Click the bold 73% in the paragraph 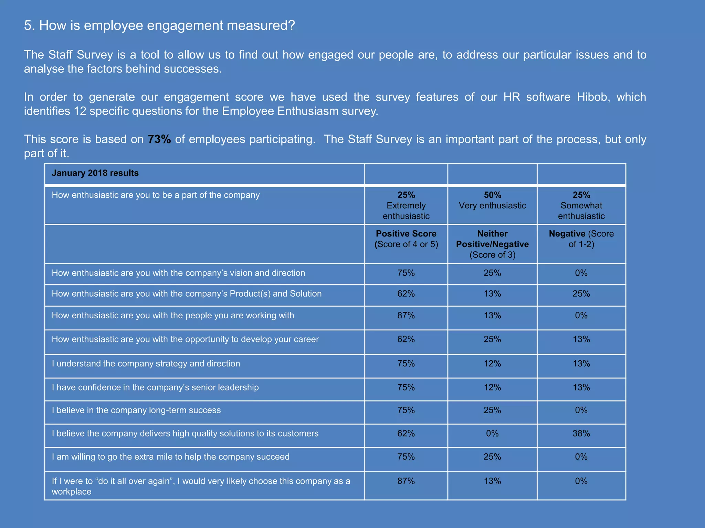[x=159, y=139]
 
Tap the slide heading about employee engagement [x=159, y=25]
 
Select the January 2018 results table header [x=95, y=173]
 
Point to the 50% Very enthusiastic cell [x=492, y=200]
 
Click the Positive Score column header [x=406, y=239]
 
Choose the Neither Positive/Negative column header [x=492, y=244]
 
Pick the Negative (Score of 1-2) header [x=581, y=239]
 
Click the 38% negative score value [x=581, y=433]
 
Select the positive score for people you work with [x=406, y=316]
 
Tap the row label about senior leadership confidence [x=155, y=387]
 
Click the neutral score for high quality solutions [x=492, y=433]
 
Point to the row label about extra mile [x=170, y=457]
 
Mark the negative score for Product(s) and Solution [x=581, y=294]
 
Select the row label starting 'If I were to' [x=201, y=486]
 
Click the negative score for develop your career [x=581, y=339]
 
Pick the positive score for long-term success [x=406, y=410]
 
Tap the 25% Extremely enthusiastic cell [x=406, y=206]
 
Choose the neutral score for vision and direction [x=492, y=273]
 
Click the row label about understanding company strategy [x=146, y=364]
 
